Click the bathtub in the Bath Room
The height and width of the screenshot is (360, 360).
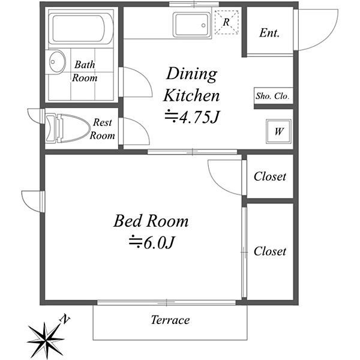(81, 29)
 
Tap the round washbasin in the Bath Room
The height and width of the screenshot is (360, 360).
(57, 62)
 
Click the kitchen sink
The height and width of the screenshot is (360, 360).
(192, 25)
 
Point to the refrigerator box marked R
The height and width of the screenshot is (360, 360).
(226, 22)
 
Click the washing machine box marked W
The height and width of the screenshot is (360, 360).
(278, 131)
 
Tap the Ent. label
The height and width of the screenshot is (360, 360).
(269, 33)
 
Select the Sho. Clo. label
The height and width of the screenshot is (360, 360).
(272, 96)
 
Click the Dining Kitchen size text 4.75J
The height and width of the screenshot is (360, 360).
(192, 117)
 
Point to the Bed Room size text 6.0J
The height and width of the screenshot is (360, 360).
(152, 242)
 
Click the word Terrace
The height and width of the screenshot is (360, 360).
(170, 320)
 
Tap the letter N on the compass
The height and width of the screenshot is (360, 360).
(65, 319)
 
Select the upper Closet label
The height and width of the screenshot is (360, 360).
(270, 176)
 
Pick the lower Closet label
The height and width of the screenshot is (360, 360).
(270, 251)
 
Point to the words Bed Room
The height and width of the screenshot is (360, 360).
(151, 221)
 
